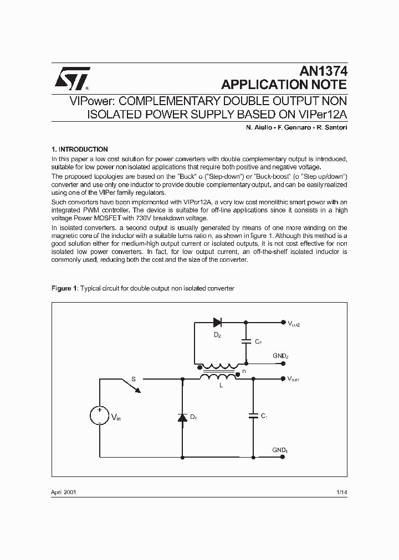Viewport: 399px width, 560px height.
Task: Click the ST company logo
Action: click(70, 80)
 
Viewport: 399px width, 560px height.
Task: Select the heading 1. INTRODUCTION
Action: click(79, 149)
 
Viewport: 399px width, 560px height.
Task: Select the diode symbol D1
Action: click(183, 418)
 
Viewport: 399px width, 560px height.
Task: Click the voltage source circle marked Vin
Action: click(100, 417)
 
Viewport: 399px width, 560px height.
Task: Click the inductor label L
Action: click(221, 385)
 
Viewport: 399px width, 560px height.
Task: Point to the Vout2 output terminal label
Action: click(294, 323)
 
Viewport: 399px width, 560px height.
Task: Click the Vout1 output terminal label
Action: click(294, 379)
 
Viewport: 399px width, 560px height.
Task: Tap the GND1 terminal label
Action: click(280, 450)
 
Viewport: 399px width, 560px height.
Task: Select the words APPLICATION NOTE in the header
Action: click(284, 85)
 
